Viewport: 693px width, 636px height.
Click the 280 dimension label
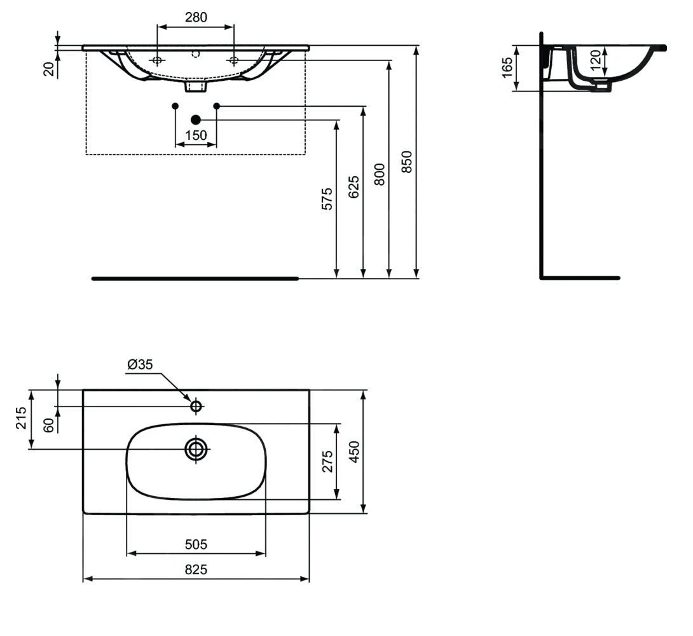(196, 17)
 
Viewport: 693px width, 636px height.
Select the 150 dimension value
(196, 135)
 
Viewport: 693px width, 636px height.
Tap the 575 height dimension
(326, 198)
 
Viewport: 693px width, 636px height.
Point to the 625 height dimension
(353, 187)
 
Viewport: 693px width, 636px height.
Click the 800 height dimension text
(380, 174)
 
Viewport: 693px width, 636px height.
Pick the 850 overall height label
(407, 162)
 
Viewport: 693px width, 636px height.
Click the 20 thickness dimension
(48, 69)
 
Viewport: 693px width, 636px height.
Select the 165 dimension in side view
(507, 67)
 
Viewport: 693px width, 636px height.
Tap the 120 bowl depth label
(595, 61)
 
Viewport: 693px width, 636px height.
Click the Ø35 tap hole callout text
(140, 364)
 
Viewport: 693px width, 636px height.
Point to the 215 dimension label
(21, 418)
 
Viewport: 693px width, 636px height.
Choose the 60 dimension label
(48, 425)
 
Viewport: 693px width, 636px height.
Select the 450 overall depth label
(354, 452)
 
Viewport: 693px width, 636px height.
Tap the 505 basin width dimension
(196, 544)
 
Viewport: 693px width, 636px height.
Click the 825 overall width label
(196, 570)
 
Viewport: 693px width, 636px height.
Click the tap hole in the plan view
(196, 406)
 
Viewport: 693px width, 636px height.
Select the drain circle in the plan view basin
(196, 449)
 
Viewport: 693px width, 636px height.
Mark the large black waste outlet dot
(196, 120)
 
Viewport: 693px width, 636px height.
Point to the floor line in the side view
(580, 278)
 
